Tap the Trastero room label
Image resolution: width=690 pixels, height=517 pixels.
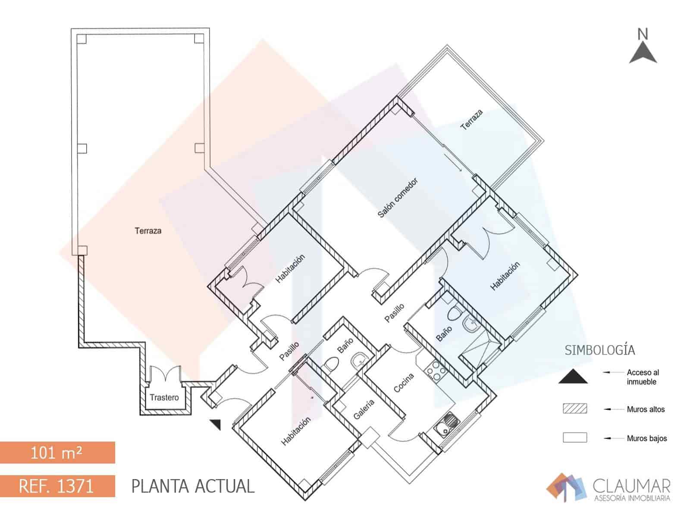164,397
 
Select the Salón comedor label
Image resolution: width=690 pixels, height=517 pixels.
398,198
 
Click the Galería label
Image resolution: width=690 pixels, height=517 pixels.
364,409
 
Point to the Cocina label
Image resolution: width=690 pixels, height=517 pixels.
404,383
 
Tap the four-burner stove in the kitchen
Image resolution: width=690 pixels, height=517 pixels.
436,370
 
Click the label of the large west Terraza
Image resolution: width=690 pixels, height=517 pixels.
148,231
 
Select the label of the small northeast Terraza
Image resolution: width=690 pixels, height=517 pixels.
471,120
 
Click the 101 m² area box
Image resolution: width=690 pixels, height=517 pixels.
57,452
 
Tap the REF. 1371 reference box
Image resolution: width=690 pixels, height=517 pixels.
57,486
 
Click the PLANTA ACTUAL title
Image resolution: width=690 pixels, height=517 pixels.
193,486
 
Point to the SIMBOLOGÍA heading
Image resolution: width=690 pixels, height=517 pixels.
600,350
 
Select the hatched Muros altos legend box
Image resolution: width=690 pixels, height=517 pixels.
575,408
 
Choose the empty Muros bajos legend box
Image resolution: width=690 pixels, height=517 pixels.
575,437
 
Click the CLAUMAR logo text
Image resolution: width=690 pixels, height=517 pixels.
631,486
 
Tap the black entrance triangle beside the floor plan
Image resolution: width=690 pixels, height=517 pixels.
216,424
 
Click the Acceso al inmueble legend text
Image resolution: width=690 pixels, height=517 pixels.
642,377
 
